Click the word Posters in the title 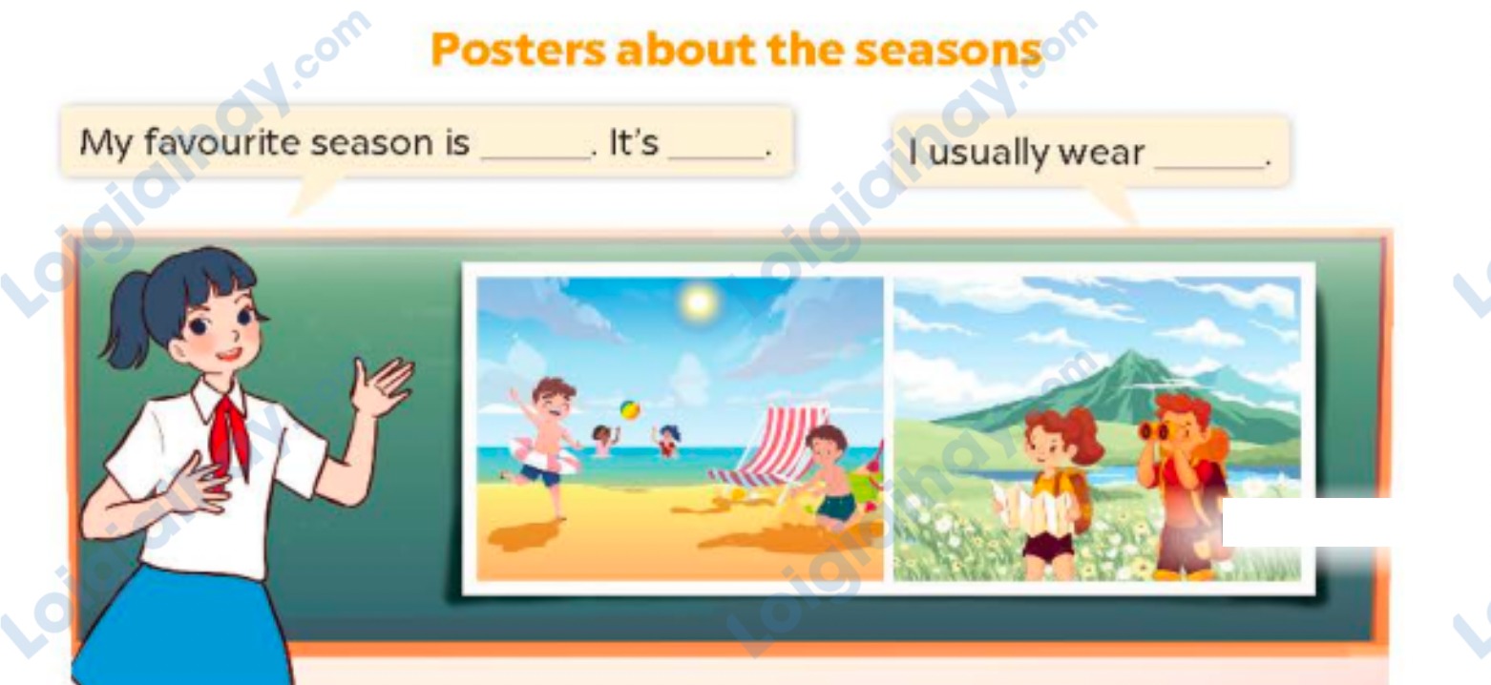coord(518,51)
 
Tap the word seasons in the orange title coord(948,51)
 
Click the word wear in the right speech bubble coord(1102,153)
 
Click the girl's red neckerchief coord(230,436)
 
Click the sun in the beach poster coord(698,302)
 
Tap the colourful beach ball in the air coord(630,409)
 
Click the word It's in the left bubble coord(634,142)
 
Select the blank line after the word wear coord(1209,166)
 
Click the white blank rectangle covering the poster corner coord(1306,522)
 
